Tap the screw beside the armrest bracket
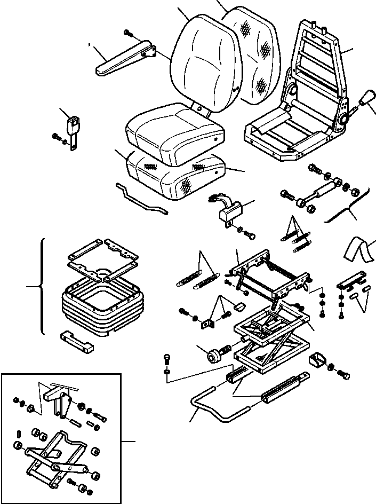(x=128, y=33)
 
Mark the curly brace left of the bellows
(x=41, y=287)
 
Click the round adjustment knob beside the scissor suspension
(x=217, y=355)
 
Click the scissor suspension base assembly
(x=272, y=342)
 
